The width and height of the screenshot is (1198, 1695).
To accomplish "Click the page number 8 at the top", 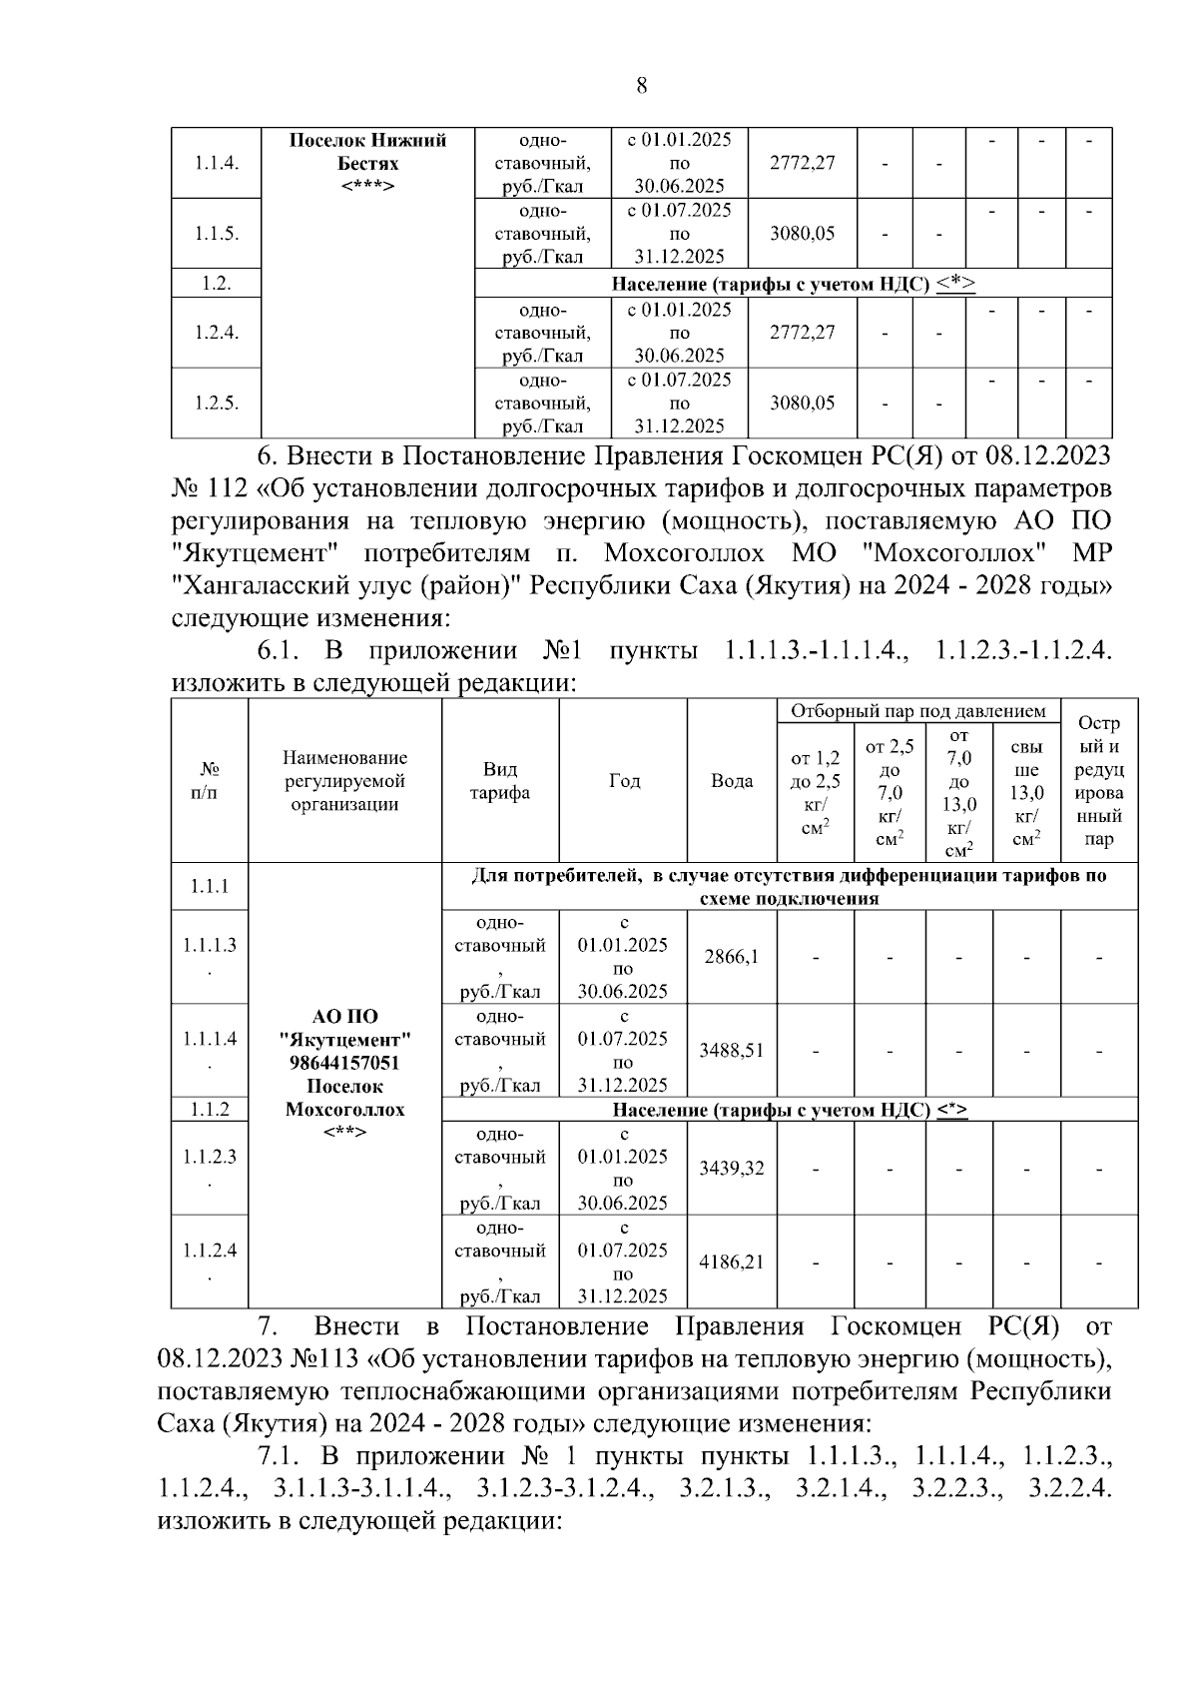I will [x=641, y=86].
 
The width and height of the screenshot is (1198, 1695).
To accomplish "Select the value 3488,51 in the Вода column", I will [x=731, y=1050].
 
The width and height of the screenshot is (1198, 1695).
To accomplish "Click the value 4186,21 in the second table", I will [x=731, y=1262].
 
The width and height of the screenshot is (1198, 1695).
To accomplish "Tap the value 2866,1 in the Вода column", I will [x=731, y=956].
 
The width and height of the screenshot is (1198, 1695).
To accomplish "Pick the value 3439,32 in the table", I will [x=731, y=1168].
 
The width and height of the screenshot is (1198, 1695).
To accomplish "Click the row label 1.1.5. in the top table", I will [x=216, y=234].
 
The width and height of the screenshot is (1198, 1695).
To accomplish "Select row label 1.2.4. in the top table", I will [x=216, y=333].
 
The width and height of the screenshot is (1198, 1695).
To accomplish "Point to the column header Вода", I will [x=731, y=781].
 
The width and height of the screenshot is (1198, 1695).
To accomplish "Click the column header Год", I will [x=624, y=781].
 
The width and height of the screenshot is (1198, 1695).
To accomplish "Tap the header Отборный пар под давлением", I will [x=917, y=711].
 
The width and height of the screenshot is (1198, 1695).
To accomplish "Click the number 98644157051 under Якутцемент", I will [x=345, y=1063].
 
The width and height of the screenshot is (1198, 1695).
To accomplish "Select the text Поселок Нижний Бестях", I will [x=367, y=152].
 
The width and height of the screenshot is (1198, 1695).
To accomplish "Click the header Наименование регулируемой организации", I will [x=344, y=781].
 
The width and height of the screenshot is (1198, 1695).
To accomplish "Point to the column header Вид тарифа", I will [x=500, y=781].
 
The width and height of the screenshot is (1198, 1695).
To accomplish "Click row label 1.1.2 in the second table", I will [x=209, y=1109].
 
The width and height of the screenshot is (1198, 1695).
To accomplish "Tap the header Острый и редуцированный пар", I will [x=1098, y=781].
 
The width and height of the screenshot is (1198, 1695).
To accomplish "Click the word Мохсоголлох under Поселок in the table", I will [x=345, y=1110].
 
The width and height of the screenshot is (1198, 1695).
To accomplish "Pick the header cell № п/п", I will [x=209, y=781].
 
